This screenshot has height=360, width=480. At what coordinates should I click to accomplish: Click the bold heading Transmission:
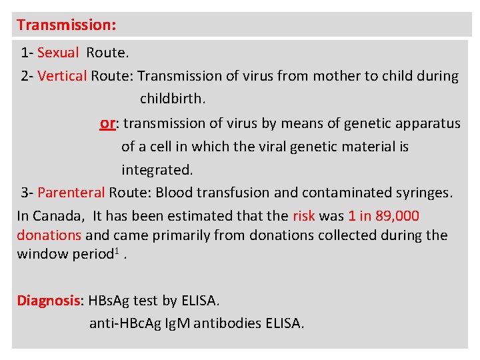click(x=67, y=25)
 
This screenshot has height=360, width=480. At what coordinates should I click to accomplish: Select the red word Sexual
click(x=58, y=52)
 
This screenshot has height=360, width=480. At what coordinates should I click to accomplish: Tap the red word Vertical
click(x=62, y=75)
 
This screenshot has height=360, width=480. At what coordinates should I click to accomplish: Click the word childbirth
click(x=173, y=99)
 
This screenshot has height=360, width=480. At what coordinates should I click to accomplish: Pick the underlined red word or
click(x=107, y=123)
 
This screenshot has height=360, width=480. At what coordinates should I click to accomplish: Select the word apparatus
click(x=427, y=123)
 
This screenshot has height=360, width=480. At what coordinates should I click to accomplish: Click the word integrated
click(x=157, y=169)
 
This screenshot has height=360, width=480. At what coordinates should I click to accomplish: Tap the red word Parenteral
click(x=71, y=193)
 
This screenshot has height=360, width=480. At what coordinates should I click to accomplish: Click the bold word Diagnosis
click(x=48, y=301)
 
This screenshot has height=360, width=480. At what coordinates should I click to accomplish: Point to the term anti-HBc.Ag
click(x=125, y=324)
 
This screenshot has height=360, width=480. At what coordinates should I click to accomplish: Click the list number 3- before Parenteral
click(x=27, y=193)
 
